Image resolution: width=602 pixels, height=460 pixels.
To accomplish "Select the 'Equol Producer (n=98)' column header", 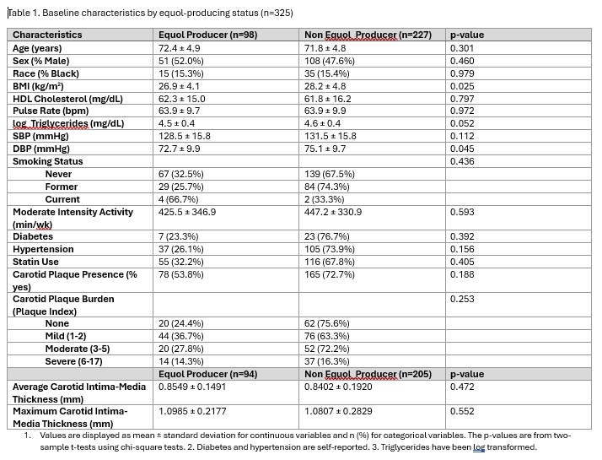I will tap(207, 35).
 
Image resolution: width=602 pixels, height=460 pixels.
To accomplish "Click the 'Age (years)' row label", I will tap(37, 48).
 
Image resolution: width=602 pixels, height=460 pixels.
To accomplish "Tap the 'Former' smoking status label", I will tap(62, 187).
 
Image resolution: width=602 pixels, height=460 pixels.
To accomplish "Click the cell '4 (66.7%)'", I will tap(179, 199).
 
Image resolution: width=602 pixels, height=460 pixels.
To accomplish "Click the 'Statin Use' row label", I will tap(40, 262).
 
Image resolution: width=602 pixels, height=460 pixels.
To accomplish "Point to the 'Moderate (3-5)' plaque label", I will tap(78, 349).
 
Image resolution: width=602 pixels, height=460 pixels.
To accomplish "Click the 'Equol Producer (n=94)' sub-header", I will tap(207, 374).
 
